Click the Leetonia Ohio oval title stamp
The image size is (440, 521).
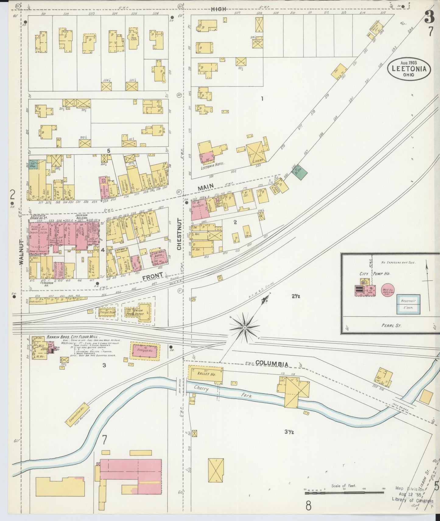(x=409, y=69)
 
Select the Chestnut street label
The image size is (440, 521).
(x=179, y=234)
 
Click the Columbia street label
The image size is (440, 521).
(x=272, y=363)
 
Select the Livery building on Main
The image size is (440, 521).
(x=257, y=153)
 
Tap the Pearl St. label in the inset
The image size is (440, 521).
(x=391, y=325)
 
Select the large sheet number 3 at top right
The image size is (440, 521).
(x=429, y=18)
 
